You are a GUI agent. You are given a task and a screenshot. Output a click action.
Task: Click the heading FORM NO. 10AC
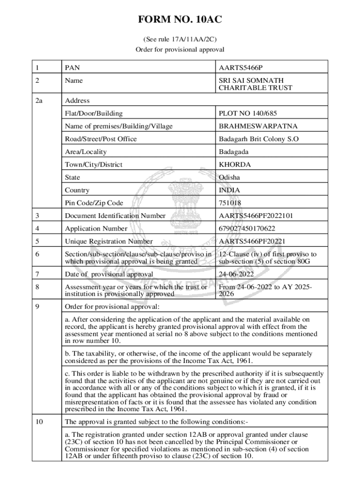point(180,20)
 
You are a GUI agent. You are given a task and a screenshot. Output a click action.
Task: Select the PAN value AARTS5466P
point(244,68)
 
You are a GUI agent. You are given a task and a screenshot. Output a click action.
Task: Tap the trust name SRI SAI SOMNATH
point(251,80)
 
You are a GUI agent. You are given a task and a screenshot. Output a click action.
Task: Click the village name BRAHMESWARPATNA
point(258,126)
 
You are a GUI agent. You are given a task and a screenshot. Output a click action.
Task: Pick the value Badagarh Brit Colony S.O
point(259,139)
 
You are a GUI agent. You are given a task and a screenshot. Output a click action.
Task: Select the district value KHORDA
point(235,165)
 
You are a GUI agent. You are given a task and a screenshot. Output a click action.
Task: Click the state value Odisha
point(230,177)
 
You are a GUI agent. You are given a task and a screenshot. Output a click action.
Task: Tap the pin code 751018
point(230,203)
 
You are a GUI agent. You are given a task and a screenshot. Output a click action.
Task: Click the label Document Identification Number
point(115,216)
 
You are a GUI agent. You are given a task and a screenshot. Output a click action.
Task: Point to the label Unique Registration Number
point(109,241)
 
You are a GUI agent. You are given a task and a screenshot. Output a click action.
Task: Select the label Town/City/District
point(94,165)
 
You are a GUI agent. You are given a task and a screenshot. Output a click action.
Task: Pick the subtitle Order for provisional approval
point(180,49)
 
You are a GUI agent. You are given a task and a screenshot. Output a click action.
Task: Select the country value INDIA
point(230,190)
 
